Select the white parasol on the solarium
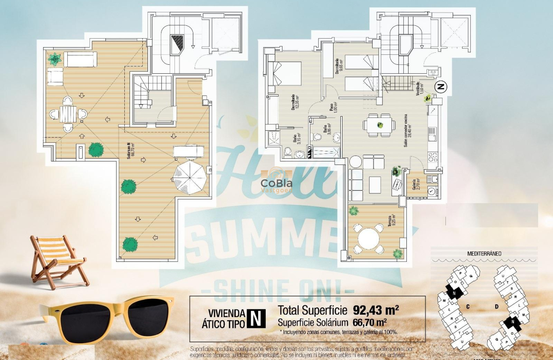190,176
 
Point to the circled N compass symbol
441,87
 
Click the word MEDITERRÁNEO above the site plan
484,253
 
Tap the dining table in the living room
379,125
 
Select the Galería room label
414,185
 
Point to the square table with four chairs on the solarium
68,114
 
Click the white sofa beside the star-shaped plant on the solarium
81,59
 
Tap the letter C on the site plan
468,306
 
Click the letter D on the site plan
496,306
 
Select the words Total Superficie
313,309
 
